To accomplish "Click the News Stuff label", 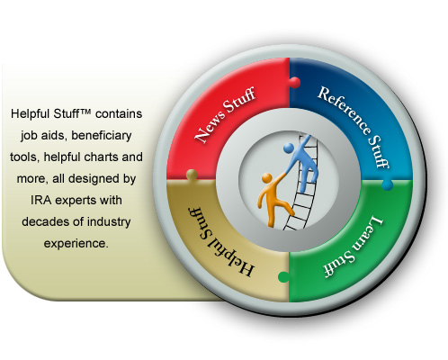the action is (225, 114).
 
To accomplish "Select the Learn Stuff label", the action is (354, 247).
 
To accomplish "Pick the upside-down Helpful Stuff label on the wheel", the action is (221, 241).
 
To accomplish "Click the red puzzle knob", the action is (294, 83).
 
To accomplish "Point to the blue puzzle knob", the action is (387, 184).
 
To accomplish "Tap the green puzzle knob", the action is (283, 276).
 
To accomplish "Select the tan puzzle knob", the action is (192, 175).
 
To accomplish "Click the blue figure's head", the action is (289, 148).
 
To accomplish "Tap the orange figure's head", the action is (266, 178).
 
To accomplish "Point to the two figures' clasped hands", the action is (286, 172).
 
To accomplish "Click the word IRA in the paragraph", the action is (41, 200).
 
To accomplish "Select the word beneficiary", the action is (102, 136).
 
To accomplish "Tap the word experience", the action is (76, 244).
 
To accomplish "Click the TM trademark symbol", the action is (85, 112).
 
